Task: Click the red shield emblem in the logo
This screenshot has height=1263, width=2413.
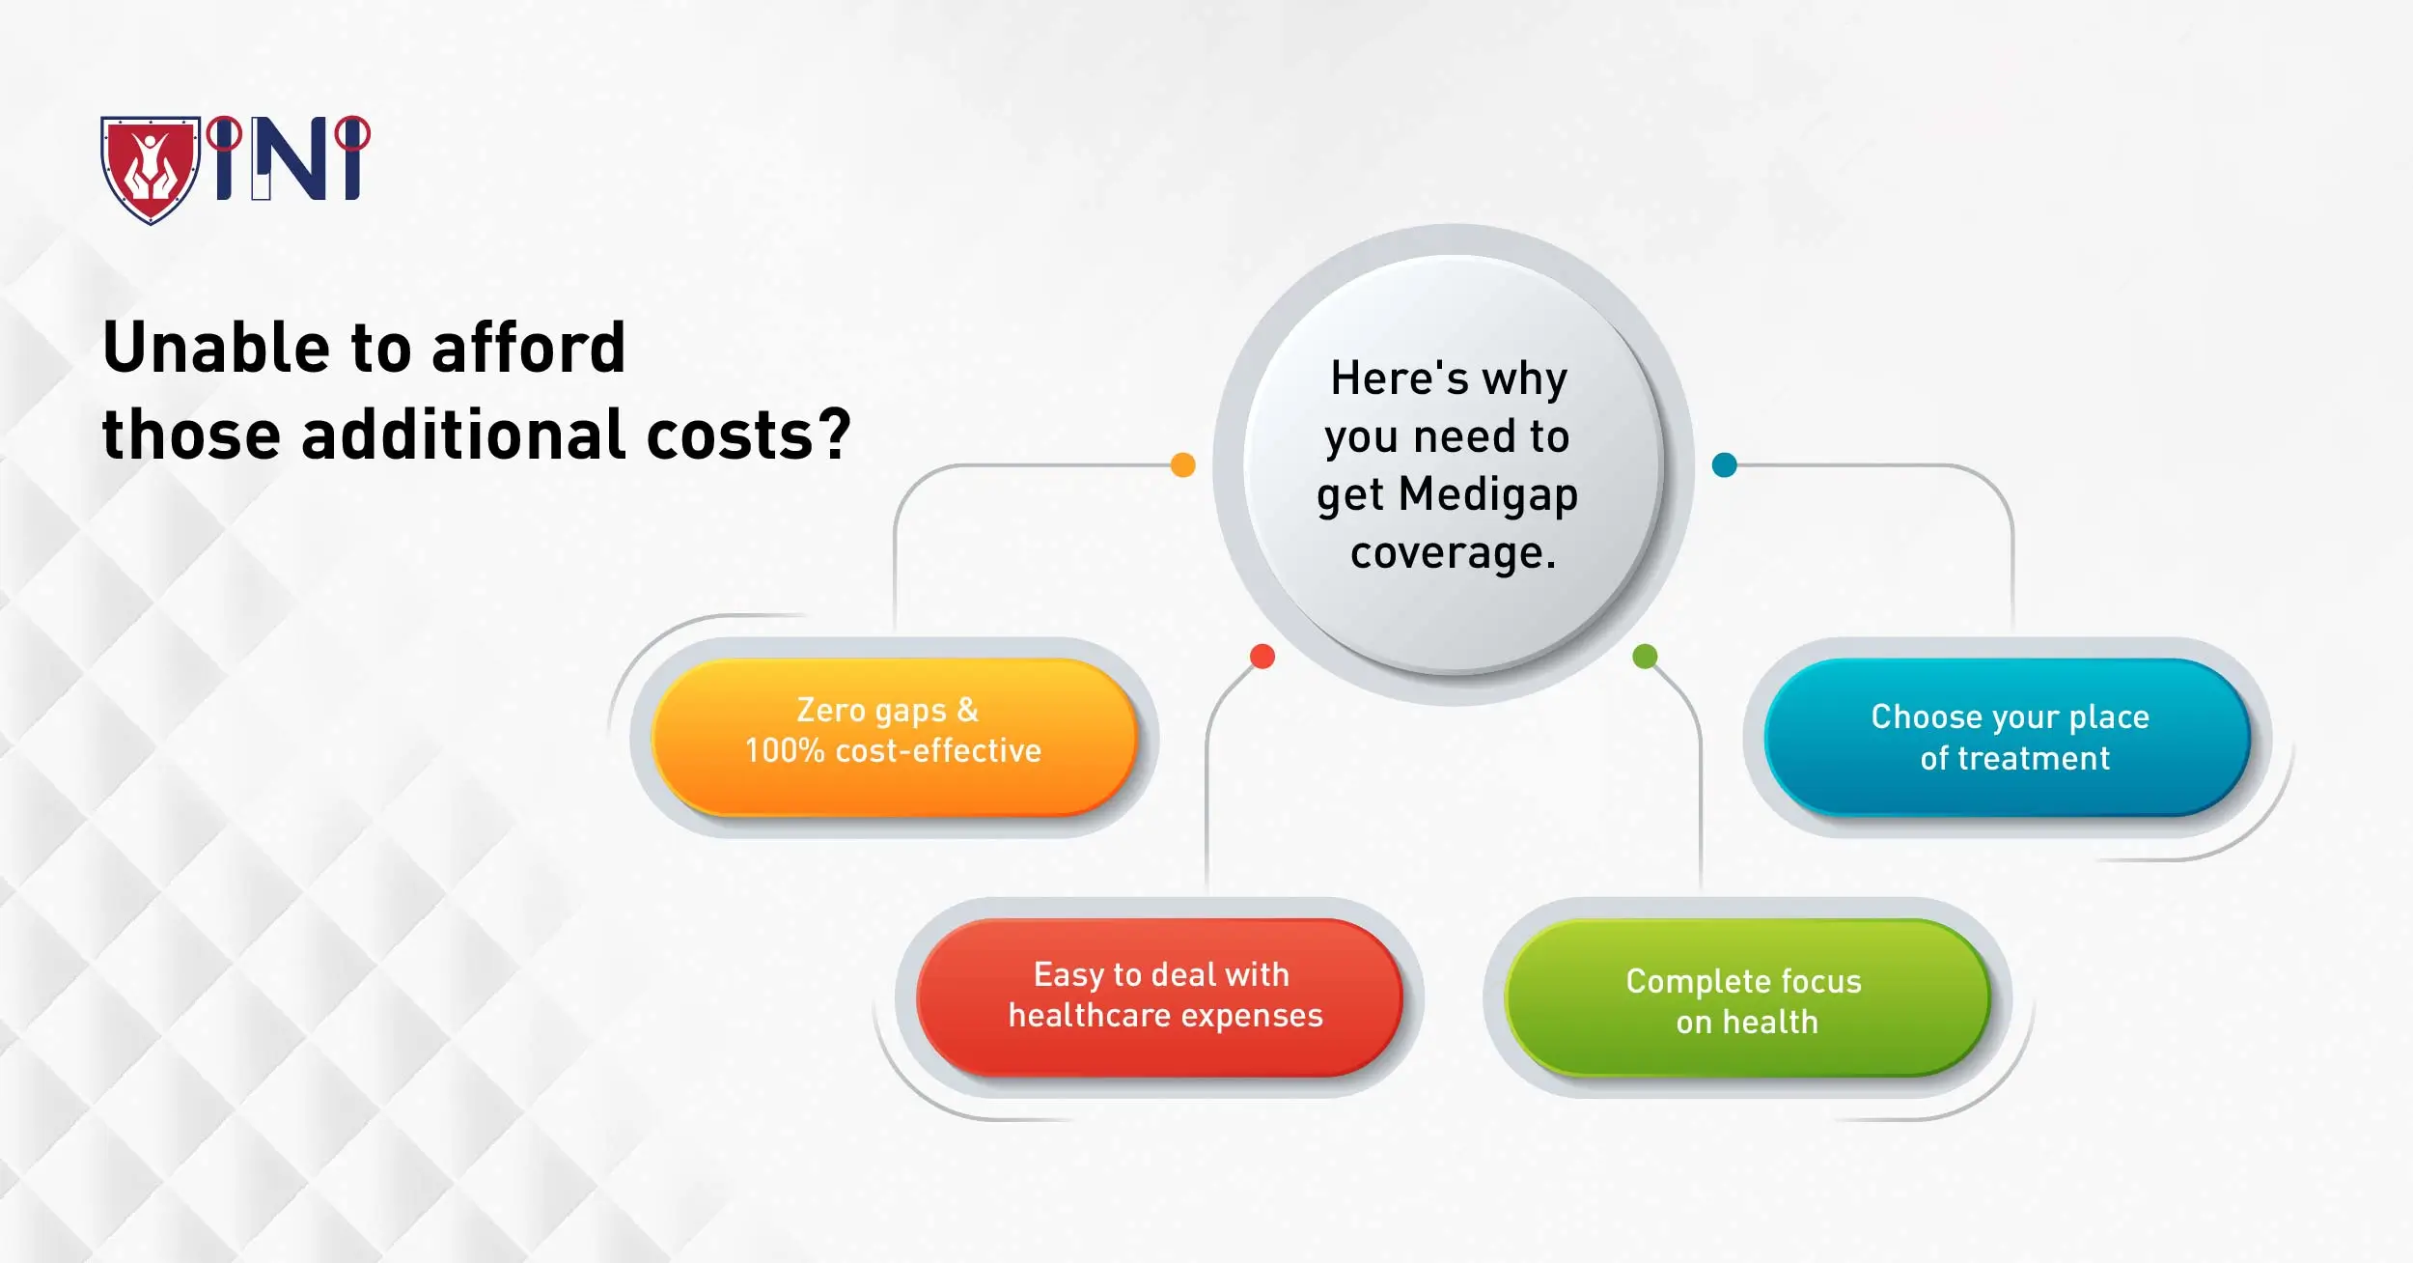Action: [x=151, y=169]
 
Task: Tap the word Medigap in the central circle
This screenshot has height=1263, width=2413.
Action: [x=1487, y=494]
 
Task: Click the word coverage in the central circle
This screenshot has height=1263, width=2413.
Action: [x=1453, y=553]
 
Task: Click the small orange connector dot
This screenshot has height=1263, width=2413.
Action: [x=1182, y=465]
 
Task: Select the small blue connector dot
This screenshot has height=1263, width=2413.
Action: [x=1724, y=465]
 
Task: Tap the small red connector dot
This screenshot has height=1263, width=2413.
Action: [x=1262, y=657]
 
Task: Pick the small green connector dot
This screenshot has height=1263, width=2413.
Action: [x=1645, y=657]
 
